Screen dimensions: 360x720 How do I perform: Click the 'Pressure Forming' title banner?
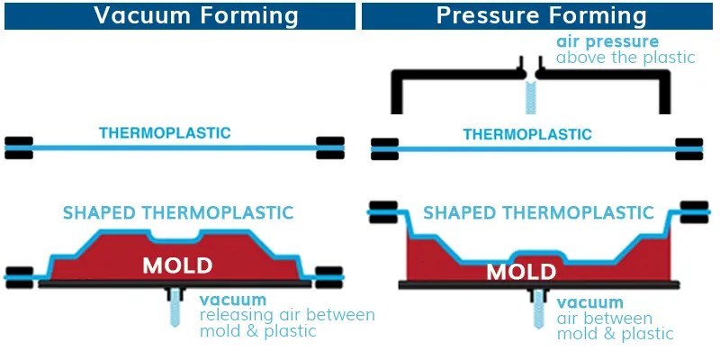(x=541, y=15)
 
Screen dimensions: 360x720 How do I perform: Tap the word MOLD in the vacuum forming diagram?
(x=177, y=265)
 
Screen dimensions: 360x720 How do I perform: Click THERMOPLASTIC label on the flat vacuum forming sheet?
(x=165, y=133)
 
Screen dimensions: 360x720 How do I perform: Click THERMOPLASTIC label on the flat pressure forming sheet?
(x=527, y=134)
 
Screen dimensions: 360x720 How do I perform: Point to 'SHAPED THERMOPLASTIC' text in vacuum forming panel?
(x=178, y=213)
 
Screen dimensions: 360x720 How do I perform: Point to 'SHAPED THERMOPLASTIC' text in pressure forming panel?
(x=538, y=213)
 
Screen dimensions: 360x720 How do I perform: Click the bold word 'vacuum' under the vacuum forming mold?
(x=233, y=299)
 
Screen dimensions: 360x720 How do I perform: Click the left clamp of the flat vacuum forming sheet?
(x=21, y=146)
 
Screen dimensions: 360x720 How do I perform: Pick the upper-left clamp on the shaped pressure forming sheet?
(x=382, y=211)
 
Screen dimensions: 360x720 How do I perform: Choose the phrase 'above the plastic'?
(x=625, y=58)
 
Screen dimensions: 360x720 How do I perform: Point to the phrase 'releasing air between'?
(x=286, y=315)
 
